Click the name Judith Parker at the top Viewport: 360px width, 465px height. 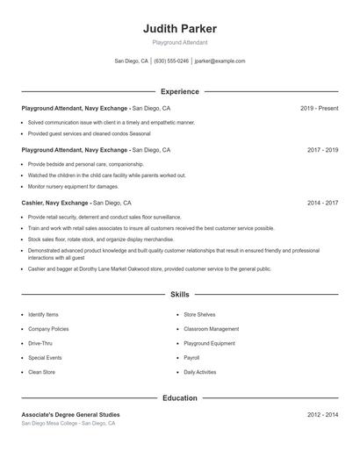179,29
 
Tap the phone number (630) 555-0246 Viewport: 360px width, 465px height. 172,61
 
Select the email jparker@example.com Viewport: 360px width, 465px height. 220,61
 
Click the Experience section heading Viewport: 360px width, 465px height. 179,91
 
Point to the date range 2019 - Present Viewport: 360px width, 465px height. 319,108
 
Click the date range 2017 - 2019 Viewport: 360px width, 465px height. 322,150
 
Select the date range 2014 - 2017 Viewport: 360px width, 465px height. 322,203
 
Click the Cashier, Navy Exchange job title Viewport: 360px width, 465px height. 56,203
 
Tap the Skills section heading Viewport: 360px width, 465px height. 179,295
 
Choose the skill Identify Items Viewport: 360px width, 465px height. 43,314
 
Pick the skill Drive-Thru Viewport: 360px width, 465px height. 40,343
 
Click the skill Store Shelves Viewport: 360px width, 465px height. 199,314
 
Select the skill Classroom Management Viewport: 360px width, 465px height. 211,329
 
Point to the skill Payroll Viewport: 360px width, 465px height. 191,358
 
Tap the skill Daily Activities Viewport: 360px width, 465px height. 199,372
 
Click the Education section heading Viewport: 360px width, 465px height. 179,398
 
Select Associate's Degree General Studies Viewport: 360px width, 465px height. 70,414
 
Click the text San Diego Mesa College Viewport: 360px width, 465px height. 50,423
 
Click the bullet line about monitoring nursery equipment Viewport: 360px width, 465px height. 73,186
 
